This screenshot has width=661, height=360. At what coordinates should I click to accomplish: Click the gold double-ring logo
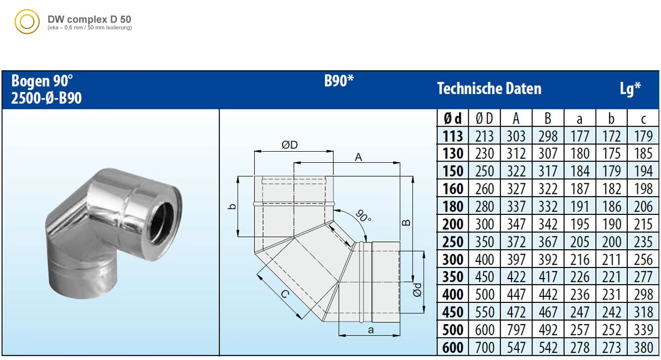click(27, 22)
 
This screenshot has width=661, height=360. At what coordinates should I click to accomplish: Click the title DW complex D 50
click(89, 19)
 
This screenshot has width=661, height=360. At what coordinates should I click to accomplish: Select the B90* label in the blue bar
click(339, 81)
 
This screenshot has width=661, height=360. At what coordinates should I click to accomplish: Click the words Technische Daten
click(489, 89)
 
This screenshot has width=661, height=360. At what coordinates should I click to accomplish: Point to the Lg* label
click(630, 89)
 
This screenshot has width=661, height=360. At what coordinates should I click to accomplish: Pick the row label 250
click(453, 241)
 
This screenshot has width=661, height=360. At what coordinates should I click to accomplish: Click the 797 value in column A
click(516, 330)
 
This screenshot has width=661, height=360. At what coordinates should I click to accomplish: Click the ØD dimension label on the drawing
click(290, 145)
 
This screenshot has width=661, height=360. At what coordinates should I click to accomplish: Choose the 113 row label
click(453, 136)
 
